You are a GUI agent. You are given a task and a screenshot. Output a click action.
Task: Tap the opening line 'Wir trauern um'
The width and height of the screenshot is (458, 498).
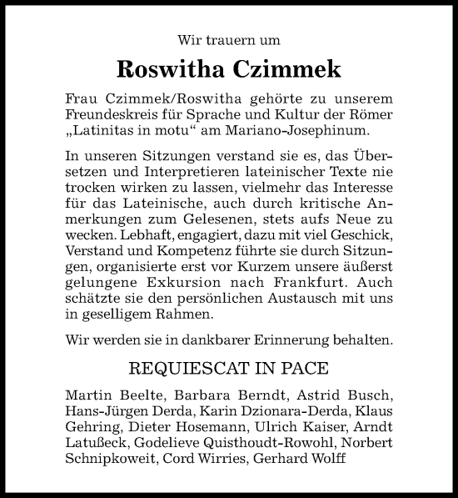(229, 38)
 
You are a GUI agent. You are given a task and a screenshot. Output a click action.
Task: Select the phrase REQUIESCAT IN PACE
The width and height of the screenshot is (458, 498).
(229, 368)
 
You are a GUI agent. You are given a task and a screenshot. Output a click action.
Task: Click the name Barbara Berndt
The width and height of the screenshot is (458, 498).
(201, 394)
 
